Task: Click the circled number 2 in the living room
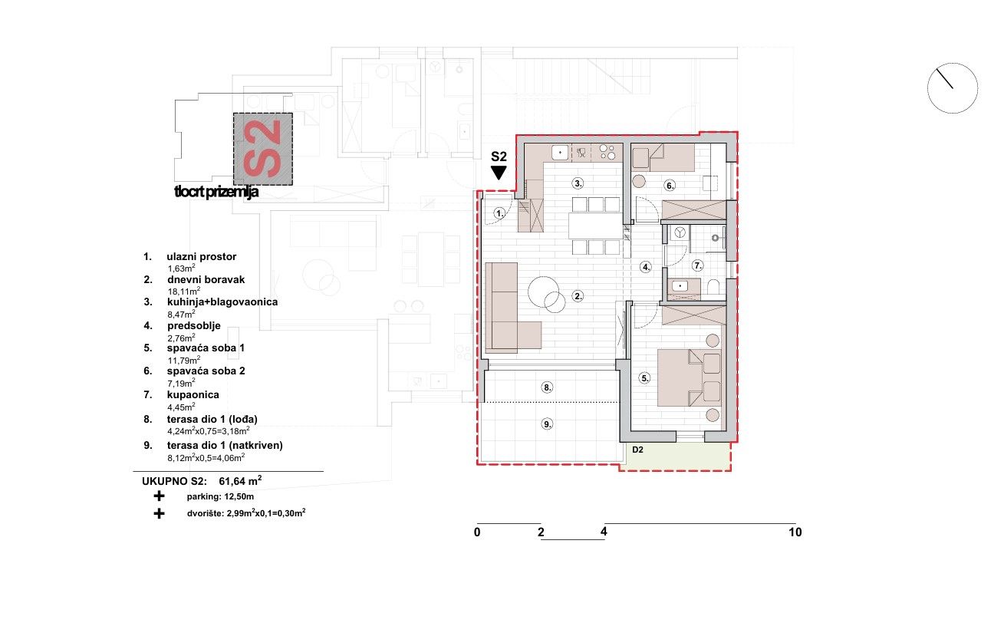[x=578, y=296]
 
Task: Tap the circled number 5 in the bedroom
[x=644, y=378]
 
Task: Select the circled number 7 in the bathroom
[x=697, y=265]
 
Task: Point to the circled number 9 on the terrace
[x=547, y=424]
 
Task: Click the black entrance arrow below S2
[x=499, y=173]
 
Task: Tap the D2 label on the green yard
[x=638, y=450]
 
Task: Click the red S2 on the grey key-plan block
[x=262, y=149]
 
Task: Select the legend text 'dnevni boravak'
[x=206, y=280]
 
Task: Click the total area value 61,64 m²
[x=240, y=481]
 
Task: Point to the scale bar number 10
[x=795, y=532]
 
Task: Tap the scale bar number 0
[x=477, y=532]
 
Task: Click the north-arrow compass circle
[x=953, y=88]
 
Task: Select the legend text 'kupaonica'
[x=193, y=395]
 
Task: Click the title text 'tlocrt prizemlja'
[x=216, y=192]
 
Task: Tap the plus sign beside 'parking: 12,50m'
[x=159, y=496]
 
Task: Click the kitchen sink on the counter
[x=560, y=153]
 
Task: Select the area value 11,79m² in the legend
[x=184, y=361]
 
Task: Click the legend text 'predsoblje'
[x=194, y=326]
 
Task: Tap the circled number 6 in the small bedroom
[x=670, y=185]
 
